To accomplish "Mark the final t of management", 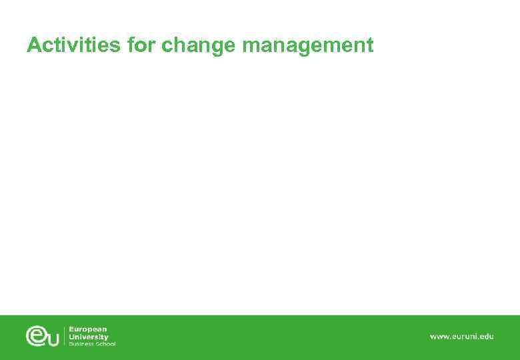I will click(x=370, y=46).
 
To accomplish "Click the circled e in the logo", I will click(x=36, y=335).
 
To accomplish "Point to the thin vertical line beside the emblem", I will click(x=64, y=336).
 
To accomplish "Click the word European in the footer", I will click(x=88, y=329).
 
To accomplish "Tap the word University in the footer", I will click(x=89, y=337).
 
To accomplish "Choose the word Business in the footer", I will click(x=83, y=344).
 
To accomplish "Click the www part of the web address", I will click(x=439, y=337).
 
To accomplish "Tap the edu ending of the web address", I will click(x=487, y=337).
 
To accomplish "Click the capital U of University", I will click(x=72, y=337).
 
